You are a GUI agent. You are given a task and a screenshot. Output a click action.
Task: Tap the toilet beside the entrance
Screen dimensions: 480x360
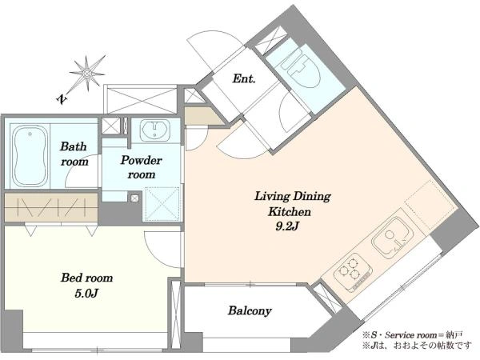point(300,68)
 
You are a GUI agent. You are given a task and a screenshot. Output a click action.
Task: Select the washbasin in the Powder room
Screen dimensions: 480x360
point(155,130)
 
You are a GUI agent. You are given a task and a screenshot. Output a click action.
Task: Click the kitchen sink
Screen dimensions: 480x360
point(391,237)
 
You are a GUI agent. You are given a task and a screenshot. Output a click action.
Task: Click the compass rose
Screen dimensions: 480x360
point(87,74)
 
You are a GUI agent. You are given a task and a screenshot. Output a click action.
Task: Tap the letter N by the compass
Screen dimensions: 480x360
point(62,98)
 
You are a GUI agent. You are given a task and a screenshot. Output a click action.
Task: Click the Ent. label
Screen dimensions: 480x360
point(244,78)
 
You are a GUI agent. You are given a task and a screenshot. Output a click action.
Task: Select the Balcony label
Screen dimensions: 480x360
point(250,311)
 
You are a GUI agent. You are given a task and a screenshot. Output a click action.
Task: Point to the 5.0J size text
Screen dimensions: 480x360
point(86,294)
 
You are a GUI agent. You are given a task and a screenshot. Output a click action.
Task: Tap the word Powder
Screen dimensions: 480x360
point(141,160)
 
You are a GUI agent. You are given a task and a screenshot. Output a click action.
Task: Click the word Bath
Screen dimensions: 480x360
point(74,146)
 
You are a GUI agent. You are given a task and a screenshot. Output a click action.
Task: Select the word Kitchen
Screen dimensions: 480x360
point(290,211)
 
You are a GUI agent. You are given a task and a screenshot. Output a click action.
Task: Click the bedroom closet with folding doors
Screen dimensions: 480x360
point(51,207)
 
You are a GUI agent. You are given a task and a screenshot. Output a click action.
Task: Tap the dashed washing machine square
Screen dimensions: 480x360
point(162,203)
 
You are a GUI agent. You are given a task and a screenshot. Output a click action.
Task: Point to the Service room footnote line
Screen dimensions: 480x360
point(413,335)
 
